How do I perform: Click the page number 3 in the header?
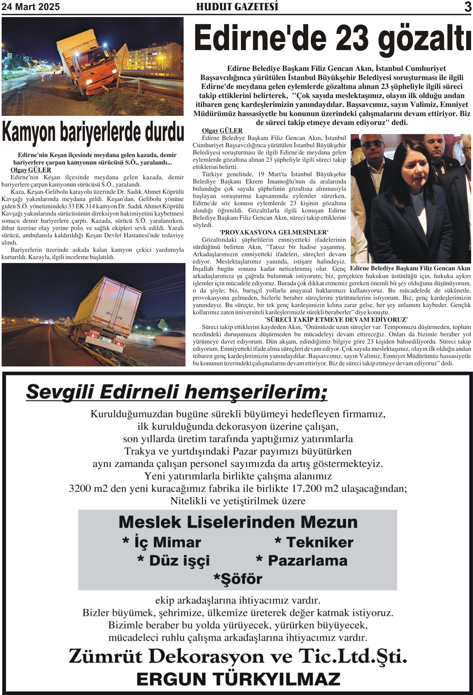pyautogui.click(x=468, y=7)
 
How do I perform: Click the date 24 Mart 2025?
pyautogui.click(x=31, y=7)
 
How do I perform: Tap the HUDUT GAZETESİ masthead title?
pyautogui.click(x=237, y=7)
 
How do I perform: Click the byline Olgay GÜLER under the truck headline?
pyautogui.click(x=31, y=170)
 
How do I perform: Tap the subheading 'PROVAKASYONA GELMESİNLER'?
pyautogui.click(x=274, y=232)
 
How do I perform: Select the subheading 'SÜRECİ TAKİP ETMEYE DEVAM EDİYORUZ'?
pyautogui.click(x=336, y=319)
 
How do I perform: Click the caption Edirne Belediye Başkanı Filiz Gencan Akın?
pyautogui.click(x=410, y=268)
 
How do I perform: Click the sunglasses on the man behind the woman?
pyautogui.click(x=372, y=144)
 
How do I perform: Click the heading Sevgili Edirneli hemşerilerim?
pyautogui.click(x=176, y=392)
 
